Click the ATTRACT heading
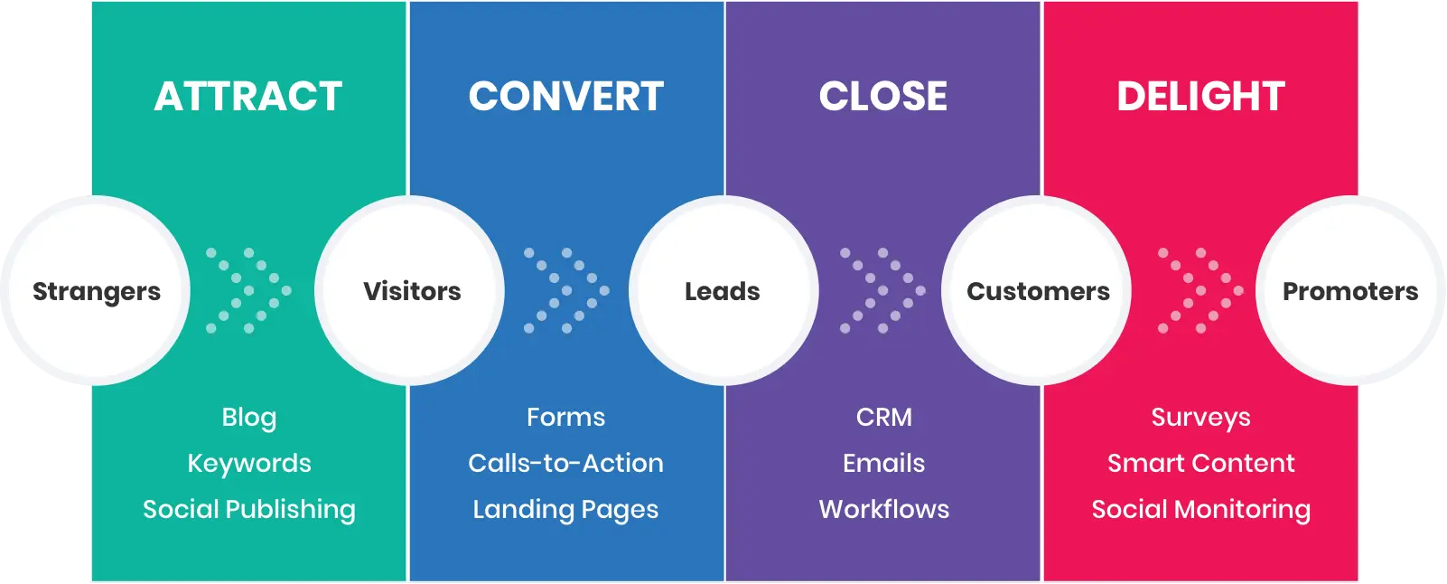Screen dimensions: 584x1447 click(248, 97)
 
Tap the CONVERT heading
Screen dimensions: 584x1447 click(566, 97)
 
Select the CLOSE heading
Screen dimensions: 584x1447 click(883, 97)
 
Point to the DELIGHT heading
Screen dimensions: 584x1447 click(1200, 97)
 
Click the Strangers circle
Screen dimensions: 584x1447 click(96, 291)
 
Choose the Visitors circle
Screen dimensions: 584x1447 click(411, 291)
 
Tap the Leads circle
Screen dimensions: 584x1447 click(723, 291)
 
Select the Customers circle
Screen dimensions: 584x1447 click(1038, 291)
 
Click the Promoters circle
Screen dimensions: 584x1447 click(1350, 291)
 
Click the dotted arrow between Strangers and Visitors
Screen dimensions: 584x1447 click(249, 291)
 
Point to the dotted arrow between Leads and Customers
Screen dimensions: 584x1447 click(882, 291)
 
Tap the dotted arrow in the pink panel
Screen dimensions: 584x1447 click(1200, 291)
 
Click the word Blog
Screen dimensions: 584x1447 click(249, 418)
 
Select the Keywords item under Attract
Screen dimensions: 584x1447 click(249, 464)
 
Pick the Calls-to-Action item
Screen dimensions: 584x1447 click(565, 464)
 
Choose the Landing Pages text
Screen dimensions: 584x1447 click(565, 510)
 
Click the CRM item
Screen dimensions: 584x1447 click(883, 418)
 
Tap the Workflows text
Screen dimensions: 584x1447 click(883, 510)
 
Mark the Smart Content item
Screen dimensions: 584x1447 click(1200, 464)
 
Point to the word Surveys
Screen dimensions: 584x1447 click(1200, 418)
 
